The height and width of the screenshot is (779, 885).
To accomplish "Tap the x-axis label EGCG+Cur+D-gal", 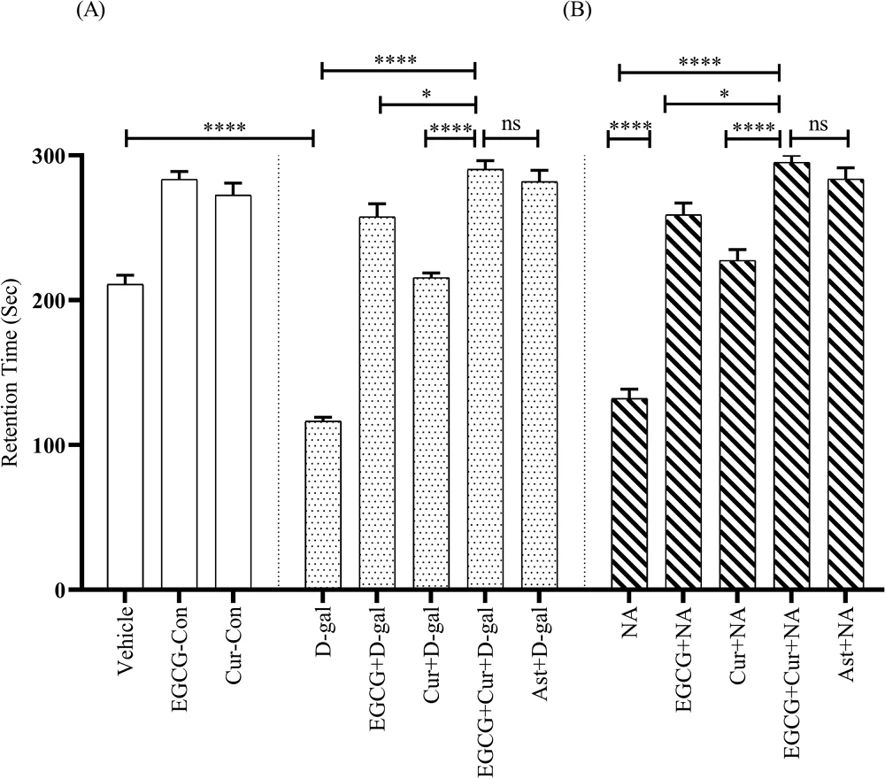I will pyautogui.click(x=485, y=673).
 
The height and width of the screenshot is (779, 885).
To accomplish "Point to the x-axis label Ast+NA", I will pyautogui.click(x=846, y=643).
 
